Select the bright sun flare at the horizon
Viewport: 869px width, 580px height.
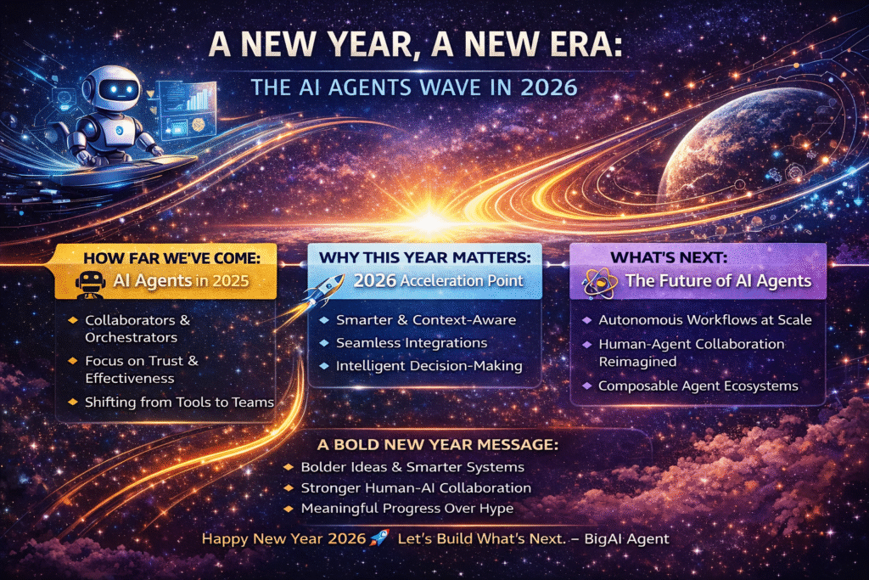coord(429,219)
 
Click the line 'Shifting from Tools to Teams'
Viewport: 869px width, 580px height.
coord(178,401)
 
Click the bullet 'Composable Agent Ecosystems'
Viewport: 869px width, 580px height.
coord(698,386)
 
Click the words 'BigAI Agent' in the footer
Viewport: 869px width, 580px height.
coord(632,538)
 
